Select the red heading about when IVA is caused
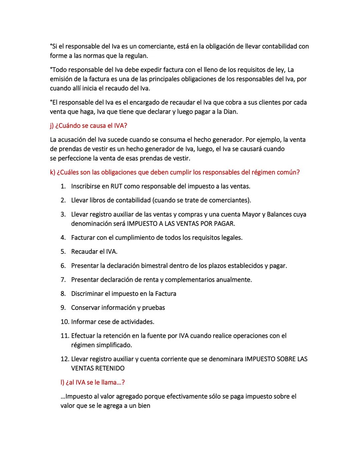point(89,126)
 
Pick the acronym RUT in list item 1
point(116,186)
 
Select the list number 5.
point(63,252)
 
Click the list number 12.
point(64,359)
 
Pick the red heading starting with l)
point(92,383)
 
